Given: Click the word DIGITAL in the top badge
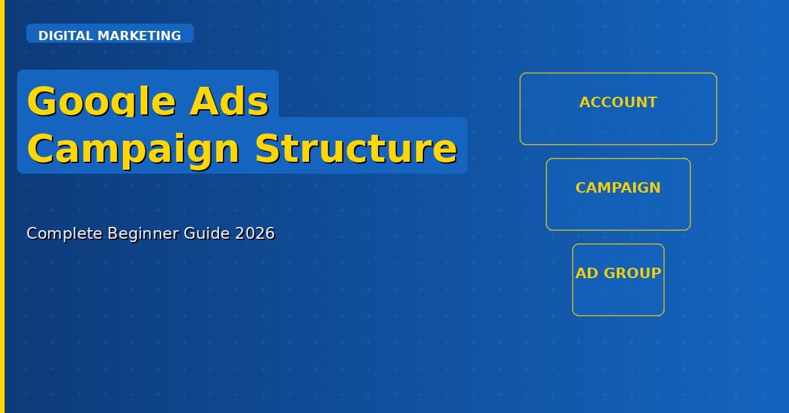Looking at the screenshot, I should (66, 36).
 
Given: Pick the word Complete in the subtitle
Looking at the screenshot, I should (60, 233).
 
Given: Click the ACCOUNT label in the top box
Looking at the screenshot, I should (618, 103).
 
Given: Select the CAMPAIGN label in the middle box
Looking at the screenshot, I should (618, 188).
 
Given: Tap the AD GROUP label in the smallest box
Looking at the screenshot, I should (618, 274).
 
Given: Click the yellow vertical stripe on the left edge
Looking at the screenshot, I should (2, 206).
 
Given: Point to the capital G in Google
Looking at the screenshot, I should (41, 102).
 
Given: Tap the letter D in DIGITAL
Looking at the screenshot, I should (43, 36).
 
